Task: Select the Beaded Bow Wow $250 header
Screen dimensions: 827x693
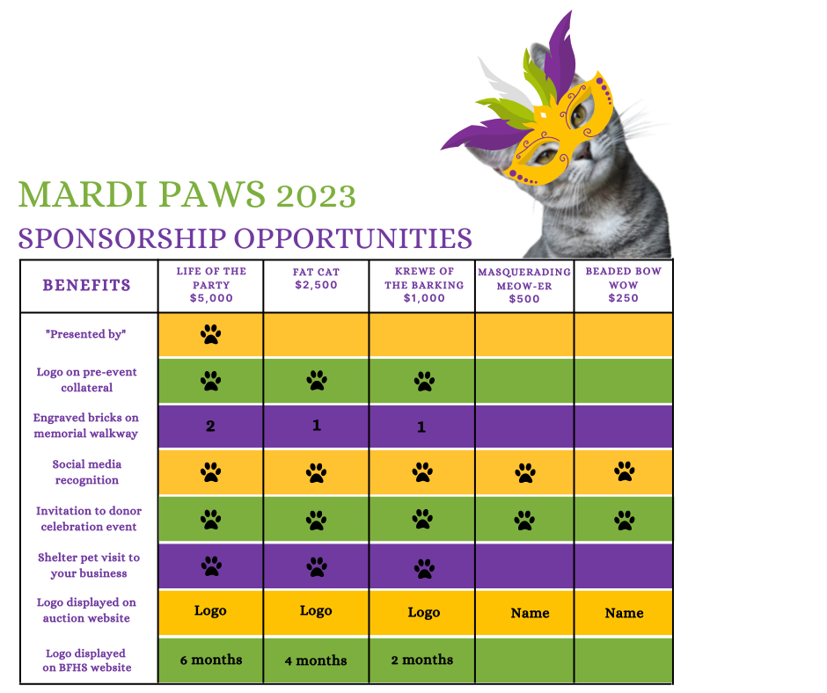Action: click(624, 285)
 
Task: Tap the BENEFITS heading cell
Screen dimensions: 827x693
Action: click(86, 285)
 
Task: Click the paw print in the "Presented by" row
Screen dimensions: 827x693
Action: click(210, 334)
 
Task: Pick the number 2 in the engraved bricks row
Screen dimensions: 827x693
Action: click(210, 427)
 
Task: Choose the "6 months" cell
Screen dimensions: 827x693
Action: click(211, 660)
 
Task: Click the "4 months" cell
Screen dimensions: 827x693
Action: click(316, 660)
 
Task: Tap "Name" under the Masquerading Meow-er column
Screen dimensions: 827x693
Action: click(530, 613)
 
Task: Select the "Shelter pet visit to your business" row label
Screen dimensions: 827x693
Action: click(89, 565)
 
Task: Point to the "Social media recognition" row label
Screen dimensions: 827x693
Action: click(87, 472)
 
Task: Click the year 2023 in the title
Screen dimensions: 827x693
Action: click(316, 196)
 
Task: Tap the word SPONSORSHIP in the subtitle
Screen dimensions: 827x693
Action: click(122, 238)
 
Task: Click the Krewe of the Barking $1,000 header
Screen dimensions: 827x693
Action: click(424, 285)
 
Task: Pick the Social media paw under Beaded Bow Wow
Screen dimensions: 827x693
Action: click(625, 471)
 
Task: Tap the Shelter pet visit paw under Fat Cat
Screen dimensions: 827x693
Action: click(317, 567)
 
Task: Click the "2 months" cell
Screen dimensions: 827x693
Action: click(422, 660)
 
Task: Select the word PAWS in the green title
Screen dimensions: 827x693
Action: click(211, 194)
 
